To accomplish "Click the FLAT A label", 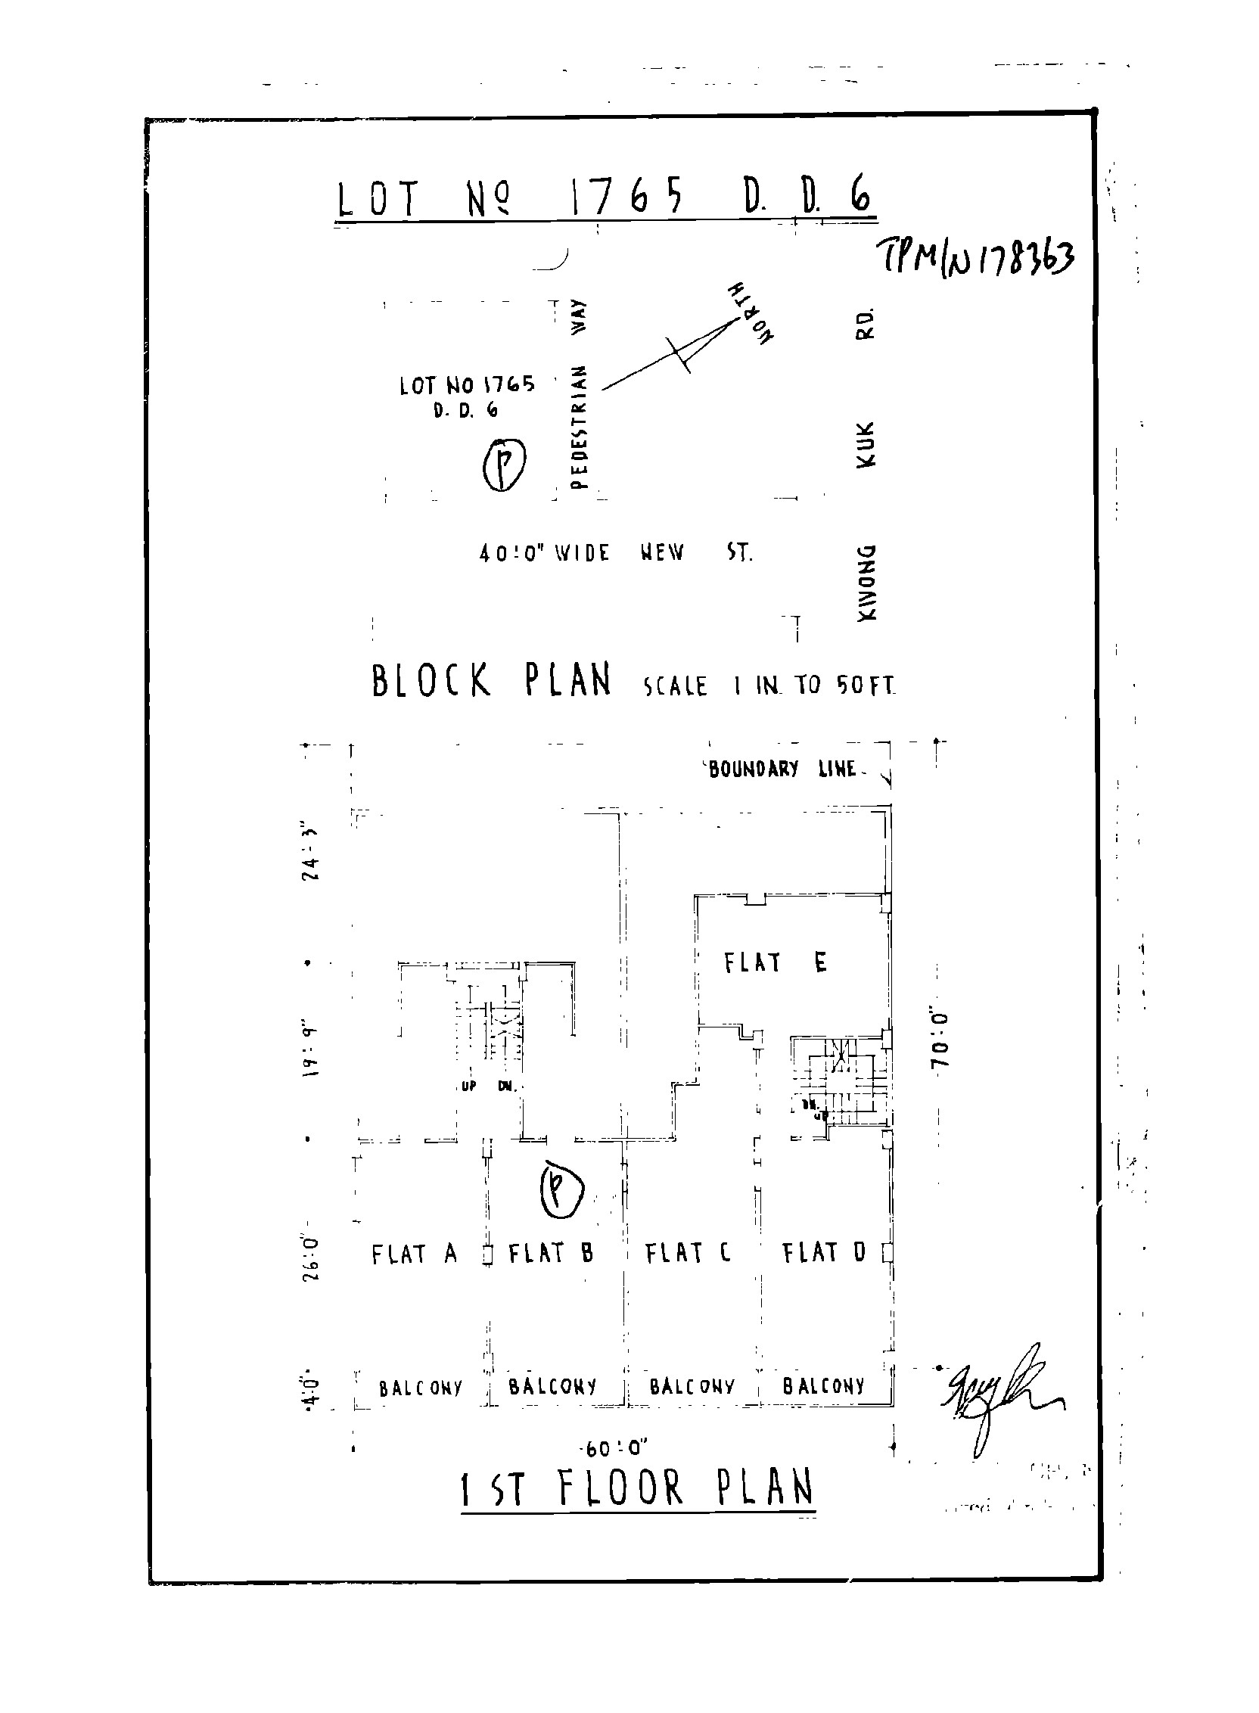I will point(414,1254).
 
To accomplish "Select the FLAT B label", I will point(550,1253).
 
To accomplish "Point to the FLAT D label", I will point(824,1251).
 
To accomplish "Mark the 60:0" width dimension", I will point(616,1447).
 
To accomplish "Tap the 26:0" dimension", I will point(311,1258).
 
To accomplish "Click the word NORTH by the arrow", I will point(751,313).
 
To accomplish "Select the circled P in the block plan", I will point(504,463).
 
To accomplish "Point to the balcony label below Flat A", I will point(421,1388).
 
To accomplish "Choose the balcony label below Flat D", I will point(824,1385).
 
